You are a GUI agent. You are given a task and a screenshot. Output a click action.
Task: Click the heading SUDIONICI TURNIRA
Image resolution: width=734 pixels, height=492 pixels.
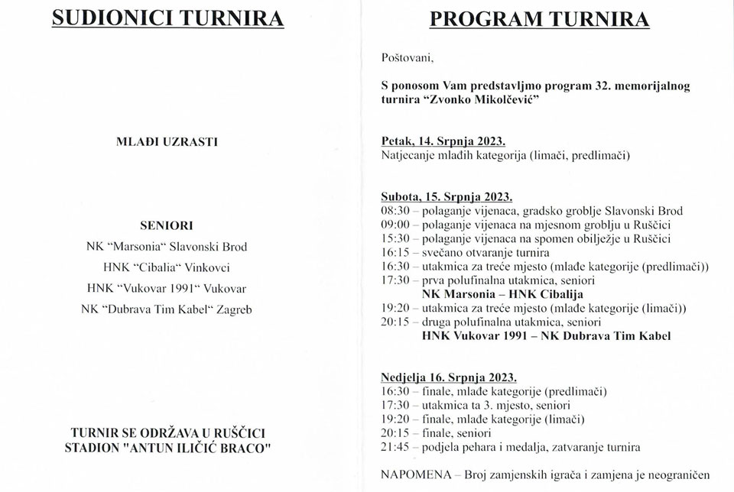click(167, 18)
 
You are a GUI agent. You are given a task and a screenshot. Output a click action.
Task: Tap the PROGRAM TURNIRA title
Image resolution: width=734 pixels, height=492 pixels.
click(539, 18)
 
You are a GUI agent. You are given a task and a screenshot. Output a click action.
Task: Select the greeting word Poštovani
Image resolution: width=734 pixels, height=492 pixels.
click(407, 57)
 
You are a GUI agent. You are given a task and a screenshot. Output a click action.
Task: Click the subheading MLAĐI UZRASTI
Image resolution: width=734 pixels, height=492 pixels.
click(166, 141)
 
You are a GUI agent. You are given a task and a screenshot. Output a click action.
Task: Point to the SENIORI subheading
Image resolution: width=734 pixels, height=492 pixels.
click(167, 225)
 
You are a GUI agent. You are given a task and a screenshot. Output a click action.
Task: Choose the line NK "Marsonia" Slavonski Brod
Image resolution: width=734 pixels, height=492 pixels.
click(167, 247)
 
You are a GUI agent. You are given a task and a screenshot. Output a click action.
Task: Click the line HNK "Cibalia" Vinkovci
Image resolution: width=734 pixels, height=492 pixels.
click(167, 267)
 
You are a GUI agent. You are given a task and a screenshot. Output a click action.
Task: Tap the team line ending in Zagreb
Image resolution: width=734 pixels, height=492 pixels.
click(167, 309)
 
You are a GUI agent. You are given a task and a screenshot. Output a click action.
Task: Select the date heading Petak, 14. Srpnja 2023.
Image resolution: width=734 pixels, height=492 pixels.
click(443, 141)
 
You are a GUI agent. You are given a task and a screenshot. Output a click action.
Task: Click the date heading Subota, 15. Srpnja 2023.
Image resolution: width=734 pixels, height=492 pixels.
click(447, 196)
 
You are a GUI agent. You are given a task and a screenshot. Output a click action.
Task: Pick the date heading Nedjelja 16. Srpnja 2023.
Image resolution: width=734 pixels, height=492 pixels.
click(449, 377)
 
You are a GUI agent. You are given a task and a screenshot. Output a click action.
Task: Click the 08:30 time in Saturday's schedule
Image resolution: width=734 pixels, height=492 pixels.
click(395, 211)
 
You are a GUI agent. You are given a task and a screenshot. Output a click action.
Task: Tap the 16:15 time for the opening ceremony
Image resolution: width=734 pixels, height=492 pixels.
click(395, 252)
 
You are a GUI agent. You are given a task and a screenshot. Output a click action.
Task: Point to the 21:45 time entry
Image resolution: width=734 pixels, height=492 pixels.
click(395, 447)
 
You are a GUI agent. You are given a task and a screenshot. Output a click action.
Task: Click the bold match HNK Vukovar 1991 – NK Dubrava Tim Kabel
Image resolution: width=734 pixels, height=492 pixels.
click(547, 335)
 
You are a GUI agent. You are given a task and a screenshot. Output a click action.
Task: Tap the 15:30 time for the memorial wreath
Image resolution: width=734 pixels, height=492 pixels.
click(395, 238)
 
